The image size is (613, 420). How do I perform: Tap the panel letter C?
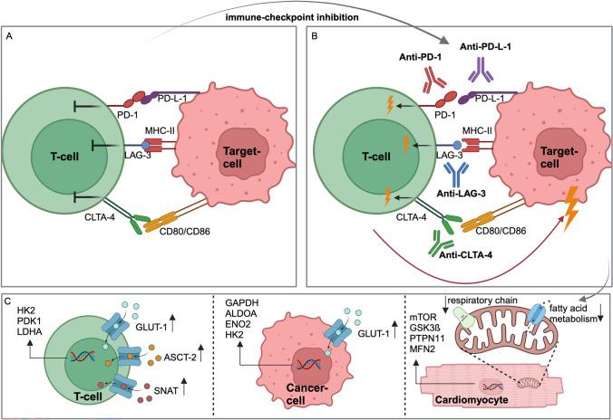[x=11, y=298]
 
